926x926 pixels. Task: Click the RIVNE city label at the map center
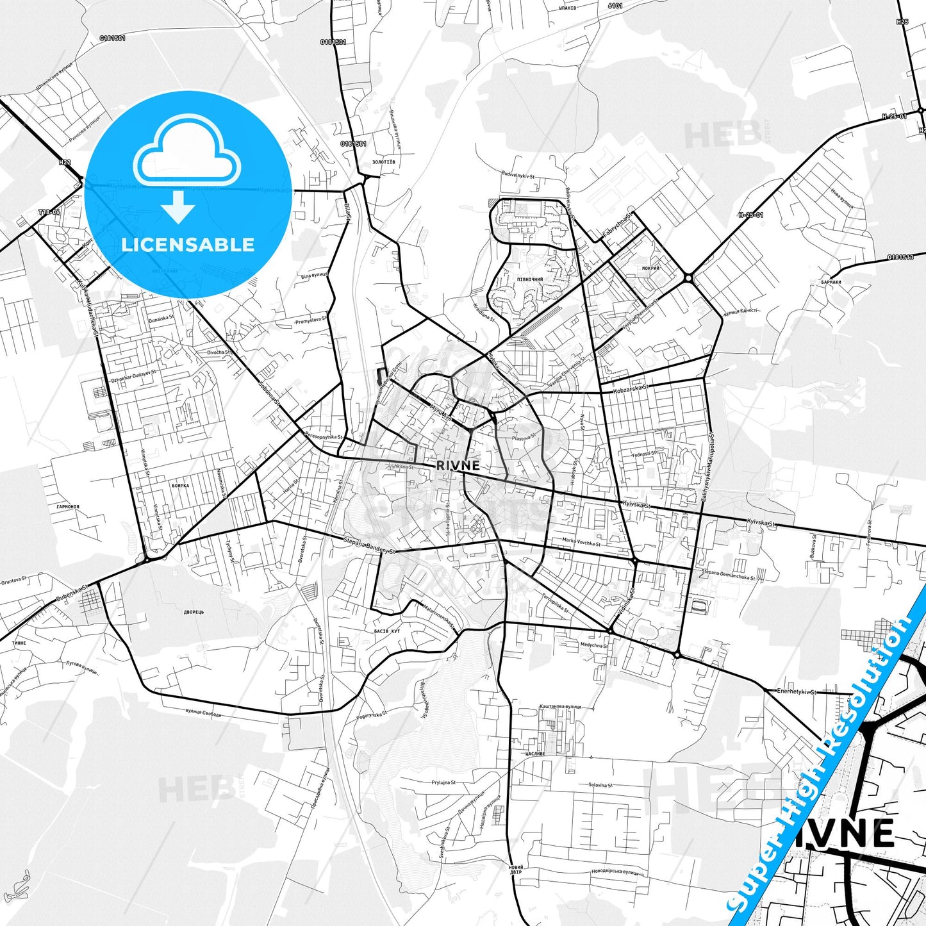(x=458, y=466)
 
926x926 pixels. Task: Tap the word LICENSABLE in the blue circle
(x=188, y=245)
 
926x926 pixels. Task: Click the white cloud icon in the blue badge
(x=187, y=157)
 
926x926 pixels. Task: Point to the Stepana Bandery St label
(x=370, y=546)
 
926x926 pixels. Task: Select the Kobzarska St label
(x=631, y=389)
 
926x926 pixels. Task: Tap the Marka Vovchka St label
(x=581, y=543)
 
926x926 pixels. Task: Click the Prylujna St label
(x=443, y=782)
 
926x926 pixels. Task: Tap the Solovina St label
(x=600, y=785)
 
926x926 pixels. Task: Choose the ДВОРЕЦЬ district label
(x=194, y=612)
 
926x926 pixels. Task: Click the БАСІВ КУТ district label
(x=387, y=631)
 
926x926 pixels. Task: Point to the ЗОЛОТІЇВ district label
(x=383, y=162)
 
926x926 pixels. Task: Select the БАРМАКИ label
(x=830, y=282)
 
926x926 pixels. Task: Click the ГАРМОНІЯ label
(x=67, y=507)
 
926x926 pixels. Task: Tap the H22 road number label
(x=64, y=162)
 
